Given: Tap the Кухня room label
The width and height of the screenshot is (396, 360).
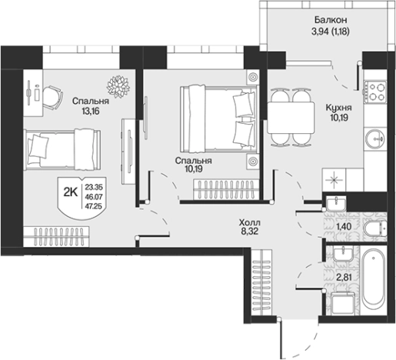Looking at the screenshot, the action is click(x=338, y=108).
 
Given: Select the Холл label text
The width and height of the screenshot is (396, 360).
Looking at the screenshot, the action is click(x=249, y=222).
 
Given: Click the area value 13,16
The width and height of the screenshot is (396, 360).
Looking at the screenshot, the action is click(x=91, y=112).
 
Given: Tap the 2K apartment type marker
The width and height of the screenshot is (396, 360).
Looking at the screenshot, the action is click(x=71, y=192).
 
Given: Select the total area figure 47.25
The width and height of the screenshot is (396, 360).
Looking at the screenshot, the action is click(x=94, y=206).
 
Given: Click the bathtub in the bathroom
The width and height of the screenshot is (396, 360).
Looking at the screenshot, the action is click(x=374, y=280).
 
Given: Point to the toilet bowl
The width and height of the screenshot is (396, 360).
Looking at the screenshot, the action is click(x=375, y=228).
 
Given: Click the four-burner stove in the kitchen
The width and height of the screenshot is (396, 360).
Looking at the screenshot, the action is click(x=375, y=91).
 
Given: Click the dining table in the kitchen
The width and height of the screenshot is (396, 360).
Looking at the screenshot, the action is click(x=291, y=118).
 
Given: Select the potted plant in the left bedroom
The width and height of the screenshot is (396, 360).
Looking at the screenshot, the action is click(x=118, y=86).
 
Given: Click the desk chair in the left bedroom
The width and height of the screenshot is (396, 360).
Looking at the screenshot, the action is click(x=53, y=98).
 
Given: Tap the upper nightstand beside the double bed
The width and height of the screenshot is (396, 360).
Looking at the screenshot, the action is click(x=253, y=77).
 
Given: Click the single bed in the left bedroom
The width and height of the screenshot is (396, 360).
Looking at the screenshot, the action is click(x=62, y=150).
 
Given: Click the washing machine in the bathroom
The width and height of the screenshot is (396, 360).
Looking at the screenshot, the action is click(x=343, y=304).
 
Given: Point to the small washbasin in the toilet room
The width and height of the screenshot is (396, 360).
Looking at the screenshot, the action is click(x=336, y=203).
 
